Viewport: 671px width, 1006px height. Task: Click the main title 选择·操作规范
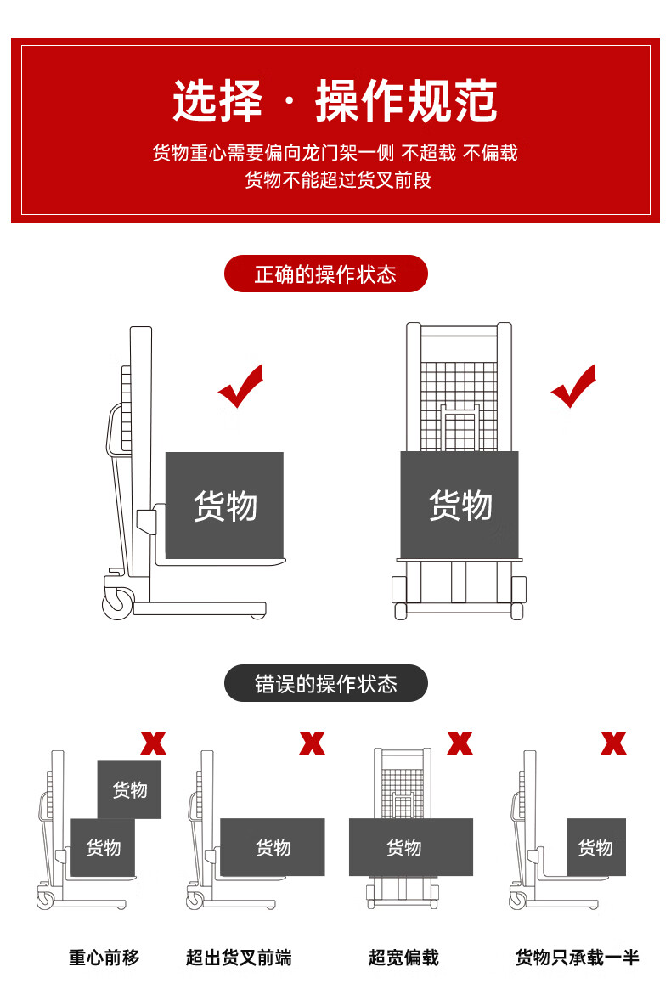click(x=335, y=101)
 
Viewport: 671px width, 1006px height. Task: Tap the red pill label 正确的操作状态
click(x=325, y=274)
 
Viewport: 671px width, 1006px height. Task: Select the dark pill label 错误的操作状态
click(x=325, y=684)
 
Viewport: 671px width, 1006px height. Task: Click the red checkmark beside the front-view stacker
click(x=573, y=387)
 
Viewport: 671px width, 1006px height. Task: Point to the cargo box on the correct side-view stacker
click(x=224, y=505)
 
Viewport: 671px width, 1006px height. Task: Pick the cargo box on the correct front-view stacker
click(x=460, y=505)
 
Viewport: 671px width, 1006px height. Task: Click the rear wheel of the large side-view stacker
click(x=117, y=604)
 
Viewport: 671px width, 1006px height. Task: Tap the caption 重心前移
click(x=104, y=958)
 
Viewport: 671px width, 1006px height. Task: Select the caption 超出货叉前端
click(x=239, y=958)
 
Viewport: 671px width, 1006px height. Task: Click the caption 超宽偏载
click(x=403, y=958)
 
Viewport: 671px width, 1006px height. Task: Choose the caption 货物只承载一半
click(x=577, y=958)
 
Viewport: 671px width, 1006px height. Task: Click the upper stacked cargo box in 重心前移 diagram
click(x=129, y=789)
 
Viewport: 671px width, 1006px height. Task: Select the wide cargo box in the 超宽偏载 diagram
click(x=410, y=847)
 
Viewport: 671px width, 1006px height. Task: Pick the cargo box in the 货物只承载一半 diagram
click(x=595, y=847)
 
